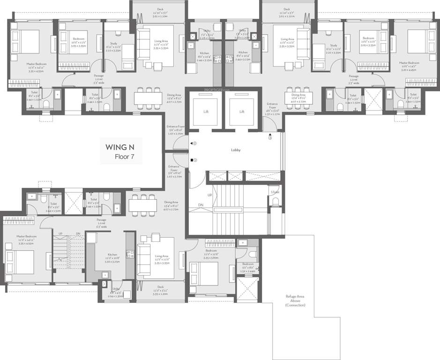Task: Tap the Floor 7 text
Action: (125, 157)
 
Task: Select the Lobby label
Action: (235, 150)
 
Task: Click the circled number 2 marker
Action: (194, 143)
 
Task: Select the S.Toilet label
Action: (275, 192)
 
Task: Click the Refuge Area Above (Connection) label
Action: (295, 300)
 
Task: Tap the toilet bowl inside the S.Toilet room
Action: (275, 202)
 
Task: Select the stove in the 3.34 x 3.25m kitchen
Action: (130, 256)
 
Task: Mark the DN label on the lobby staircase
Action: (201, 205)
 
